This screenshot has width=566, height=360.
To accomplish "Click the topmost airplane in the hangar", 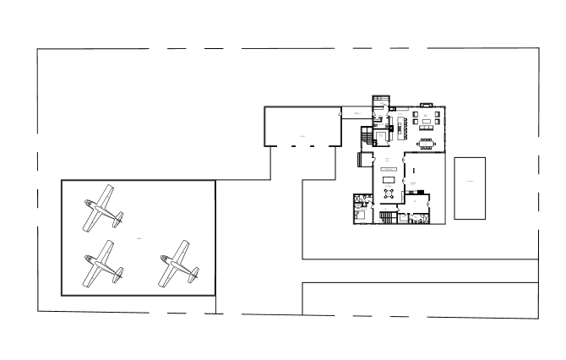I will [x=101, y=208].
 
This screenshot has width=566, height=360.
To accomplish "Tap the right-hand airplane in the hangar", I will [x=177, y=263].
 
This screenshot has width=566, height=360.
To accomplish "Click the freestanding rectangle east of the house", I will [x=470, y=188].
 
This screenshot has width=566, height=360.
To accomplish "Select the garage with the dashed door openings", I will [x=302, y=127].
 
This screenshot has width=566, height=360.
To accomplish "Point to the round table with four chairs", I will [x=389, y=193].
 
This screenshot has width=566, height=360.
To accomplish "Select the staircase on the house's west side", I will [x=366, y=136].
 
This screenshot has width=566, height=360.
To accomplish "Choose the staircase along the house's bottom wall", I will [x=388, y=218].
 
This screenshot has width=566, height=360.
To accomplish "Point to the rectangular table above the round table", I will [x=389, y=179].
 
